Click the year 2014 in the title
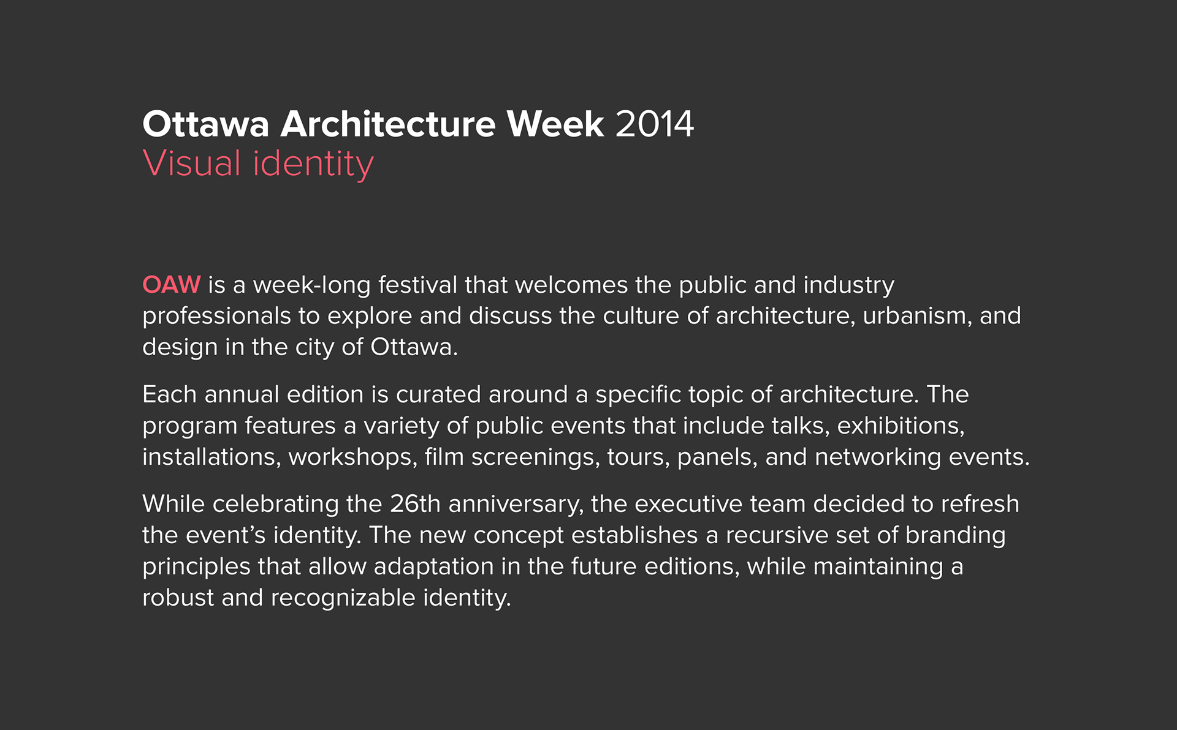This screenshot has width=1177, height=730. click(x=655, y=124)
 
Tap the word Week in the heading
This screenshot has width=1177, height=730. click(x=555, y=124)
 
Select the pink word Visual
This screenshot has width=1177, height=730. click(x=192, y=164)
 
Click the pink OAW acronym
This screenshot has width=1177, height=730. click(x=172, y=285)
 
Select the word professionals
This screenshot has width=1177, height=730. click(x=216, y=317)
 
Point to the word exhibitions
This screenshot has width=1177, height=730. click(x=901, y=426)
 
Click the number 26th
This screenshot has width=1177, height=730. click(x=415, y=504)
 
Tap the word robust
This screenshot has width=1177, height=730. click(x=178, y=598)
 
